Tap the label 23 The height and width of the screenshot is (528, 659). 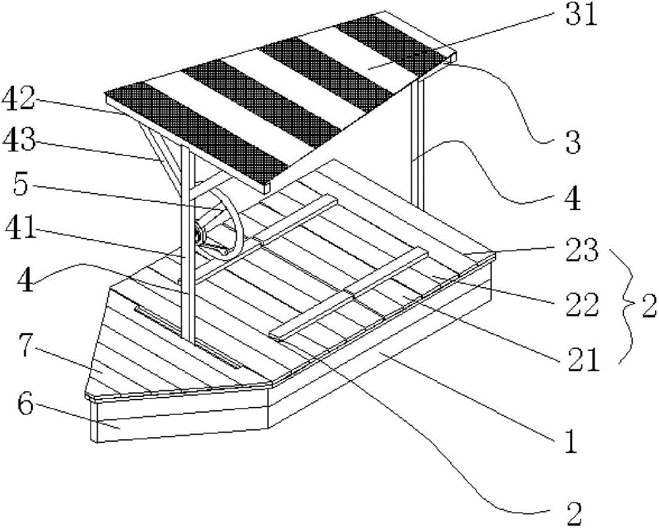coord(581,250)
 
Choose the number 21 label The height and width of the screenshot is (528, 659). coord(583,359)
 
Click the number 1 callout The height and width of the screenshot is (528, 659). coord(570,440)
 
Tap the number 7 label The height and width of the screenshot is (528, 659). coord(26,345)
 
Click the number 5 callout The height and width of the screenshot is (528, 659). coord(22,185)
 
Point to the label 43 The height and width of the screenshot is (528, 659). coord(18,140)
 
